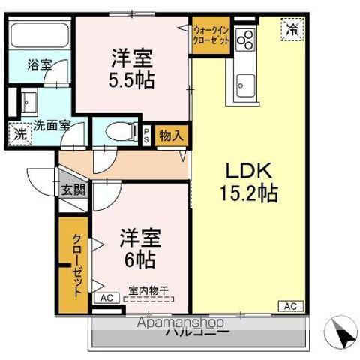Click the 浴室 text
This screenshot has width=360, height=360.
pos(40,65)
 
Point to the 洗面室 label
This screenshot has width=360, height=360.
pos(51,126)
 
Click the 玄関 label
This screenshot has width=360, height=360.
pos(73,189)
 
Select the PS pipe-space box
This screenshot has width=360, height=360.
pos(147,135)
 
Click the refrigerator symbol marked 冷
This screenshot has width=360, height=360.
pos(292,29)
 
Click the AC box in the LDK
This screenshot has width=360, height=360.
pos(290,305)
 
